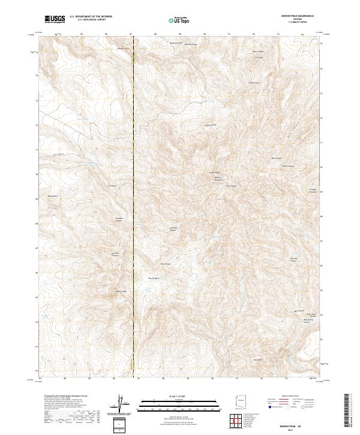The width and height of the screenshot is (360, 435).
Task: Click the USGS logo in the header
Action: point(55,19)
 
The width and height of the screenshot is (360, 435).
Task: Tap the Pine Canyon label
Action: point(232,186)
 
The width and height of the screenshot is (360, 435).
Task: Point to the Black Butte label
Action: point(52,196)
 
